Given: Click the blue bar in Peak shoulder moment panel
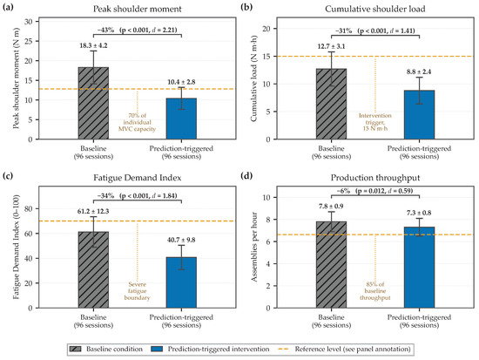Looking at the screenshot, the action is click(181, 119).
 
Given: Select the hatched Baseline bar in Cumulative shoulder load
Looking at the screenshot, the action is click(332, 104).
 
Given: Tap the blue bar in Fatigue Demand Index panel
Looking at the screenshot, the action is click(181, 282).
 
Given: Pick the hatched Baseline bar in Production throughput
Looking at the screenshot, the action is click(332, 265).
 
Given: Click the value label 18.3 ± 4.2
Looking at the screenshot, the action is click(93, 46).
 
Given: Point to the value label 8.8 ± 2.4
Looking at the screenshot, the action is click(419, 71).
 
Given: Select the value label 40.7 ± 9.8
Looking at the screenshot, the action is click(181, 240).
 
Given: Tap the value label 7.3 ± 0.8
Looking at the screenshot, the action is click(419, 213).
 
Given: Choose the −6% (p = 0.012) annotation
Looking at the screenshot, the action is click(374, 191).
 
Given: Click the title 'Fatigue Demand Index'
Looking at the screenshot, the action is click(137, 178).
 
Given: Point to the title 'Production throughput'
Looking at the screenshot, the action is click(375, 178).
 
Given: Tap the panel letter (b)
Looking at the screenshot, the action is click(246, 7).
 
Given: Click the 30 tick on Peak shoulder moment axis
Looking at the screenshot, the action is click(28, 22).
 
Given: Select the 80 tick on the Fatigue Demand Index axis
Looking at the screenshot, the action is click(28, 208).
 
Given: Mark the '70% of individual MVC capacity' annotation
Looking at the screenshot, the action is click(137, 122).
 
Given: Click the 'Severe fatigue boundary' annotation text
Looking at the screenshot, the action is click(137, 291).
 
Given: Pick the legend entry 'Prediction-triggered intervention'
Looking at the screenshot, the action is click(211, 349).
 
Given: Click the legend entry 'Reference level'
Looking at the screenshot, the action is click(344, 349).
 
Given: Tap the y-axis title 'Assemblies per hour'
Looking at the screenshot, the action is click(254, 247).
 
